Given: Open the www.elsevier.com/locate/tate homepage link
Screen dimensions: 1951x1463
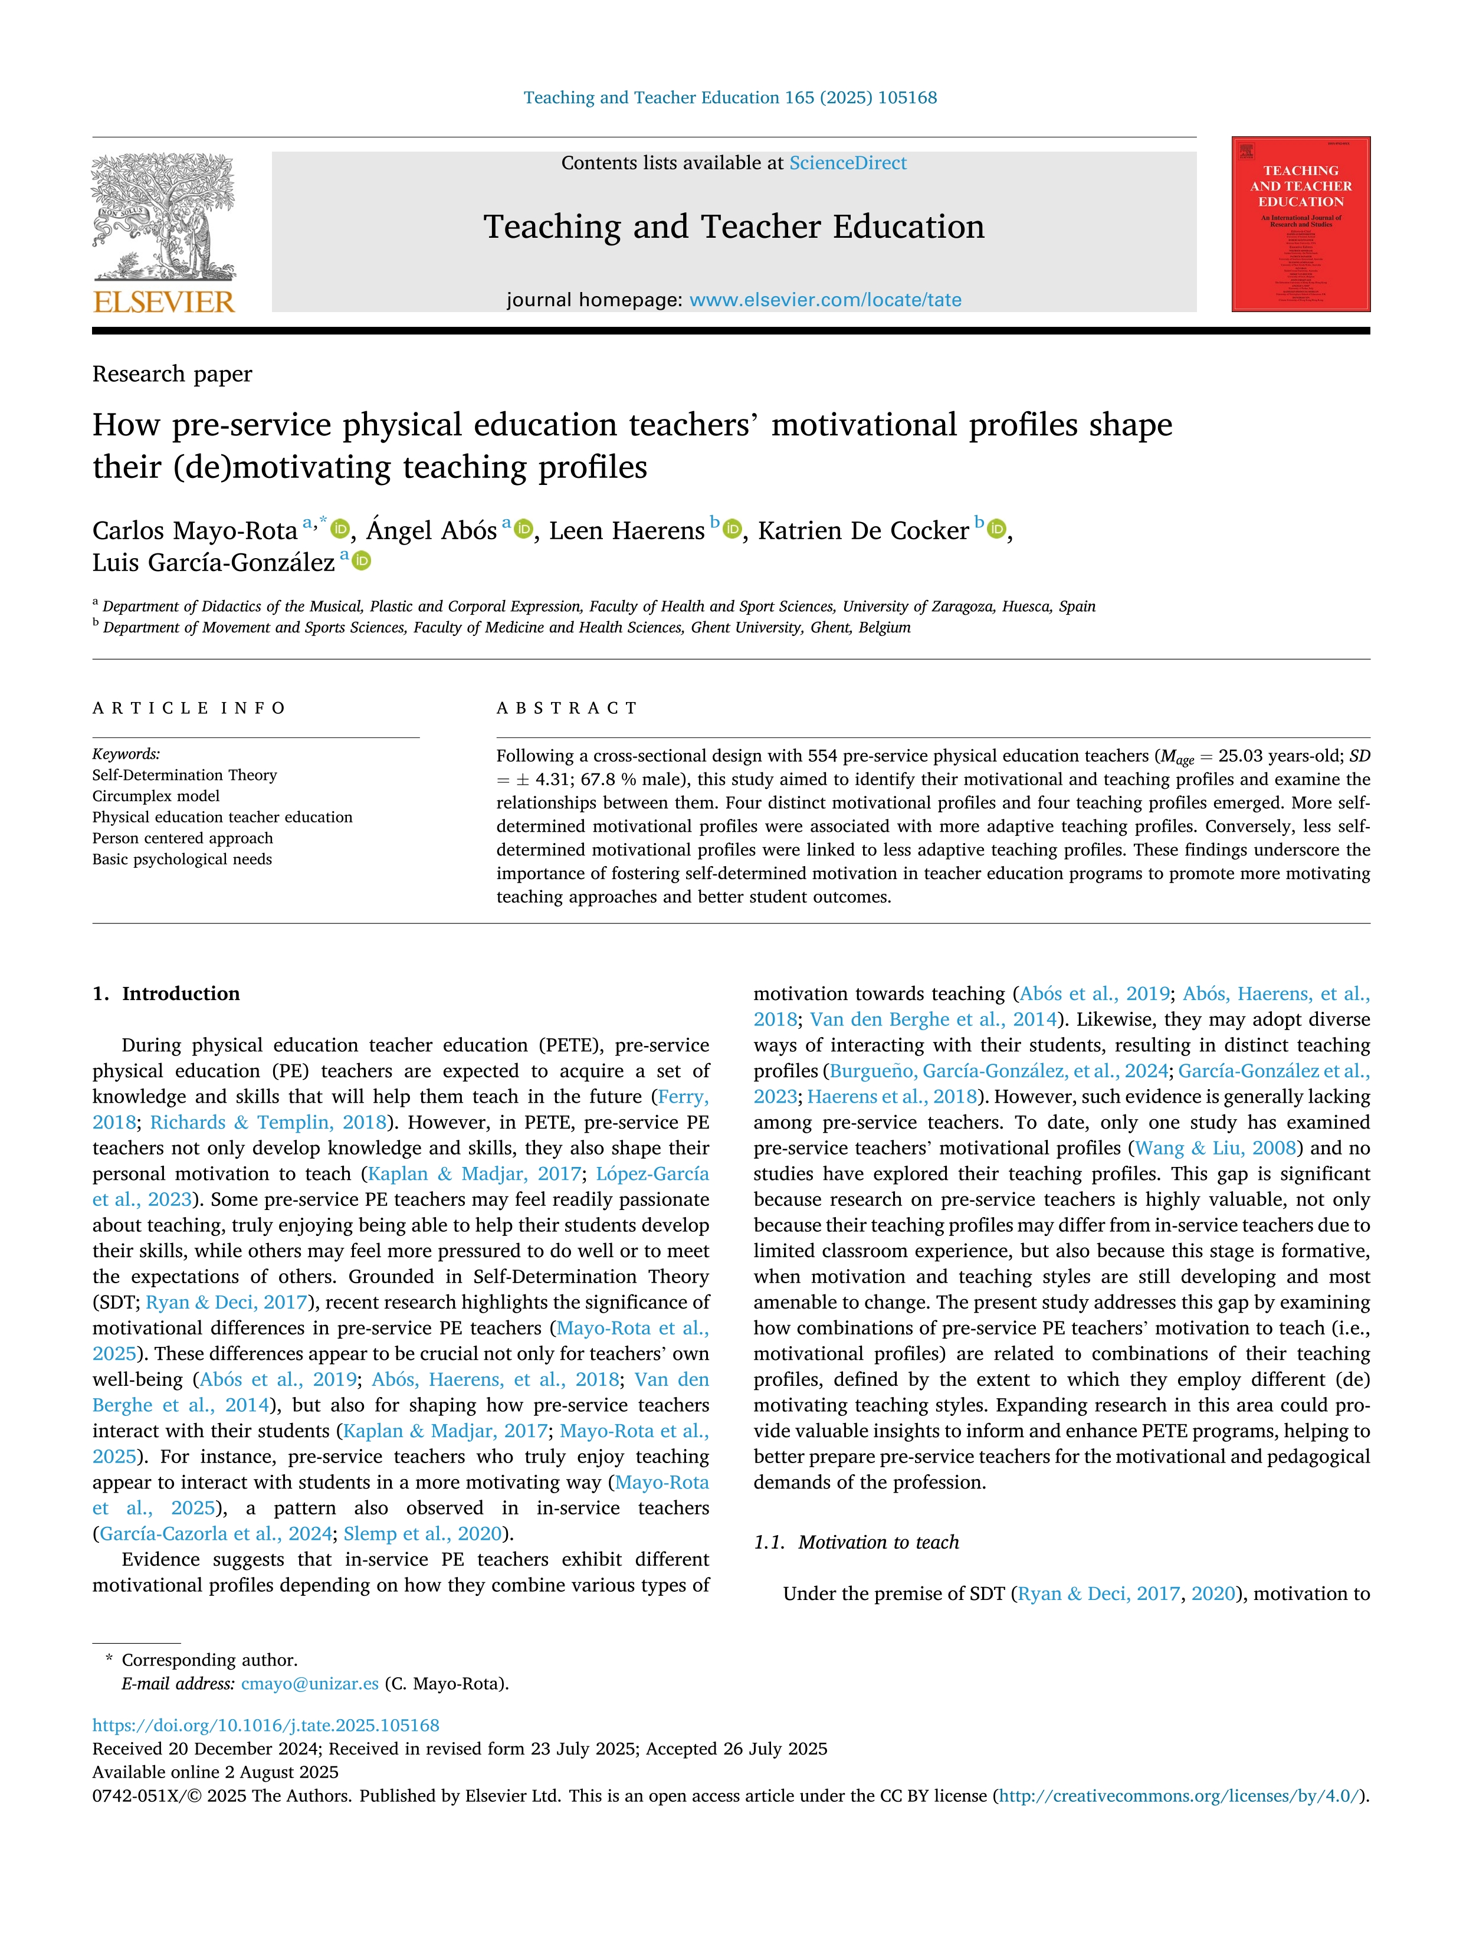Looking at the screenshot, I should coord(825,300).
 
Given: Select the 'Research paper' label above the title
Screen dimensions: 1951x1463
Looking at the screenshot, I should coord(172,374).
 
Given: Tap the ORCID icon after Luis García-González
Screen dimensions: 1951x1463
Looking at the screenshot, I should coord(362,561).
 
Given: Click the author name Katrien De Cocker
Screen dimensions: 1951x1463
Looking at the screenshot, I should coord(862,531).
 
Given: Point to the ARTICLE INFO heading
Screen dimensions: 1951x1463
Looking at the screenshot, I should coord(189,709).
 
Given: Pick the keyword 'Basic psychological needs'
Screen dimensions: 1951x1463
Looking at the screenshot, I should coord(182,859).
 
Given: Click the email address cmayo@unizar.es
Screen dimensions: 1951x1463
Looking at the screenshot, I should coord(310,1684).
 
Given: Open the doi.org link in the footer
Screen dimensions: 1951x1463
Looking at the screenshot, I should coord(265,1725).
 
